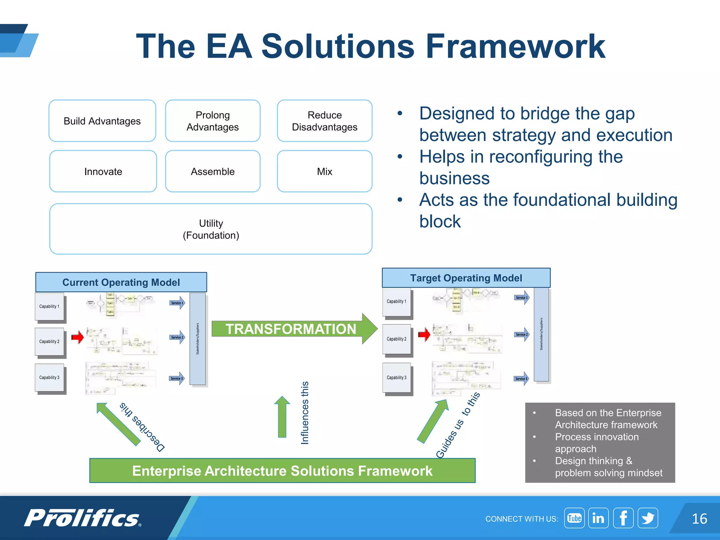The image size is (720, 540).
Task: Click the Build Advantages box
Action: pyautogui.click(x=102, y=121)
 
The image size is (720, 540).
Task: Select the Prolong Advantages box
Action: pyautogui.click(x=213, y=121)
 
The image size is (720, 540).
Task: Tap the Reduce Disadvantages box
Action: pyautogui.click(x=324, y=121)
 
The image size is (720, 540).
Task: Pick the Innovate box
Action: pyautogui.click(x=103, y=172)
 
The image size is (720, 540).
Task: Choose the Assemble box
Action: pyautogui.click(x=213, y=172)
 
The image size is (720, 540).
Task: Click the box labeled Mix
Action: pyautogui.click(x=324, y=172)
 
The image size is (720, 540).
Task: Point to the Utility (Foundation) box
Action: pyautogui.click(x=211, y=229)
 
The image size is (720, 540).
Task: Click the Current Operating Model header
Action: pyautogui.click(x=121, y=282)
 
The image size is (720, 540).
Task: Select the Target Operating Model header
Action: pyautogui.click(x=466, y=278)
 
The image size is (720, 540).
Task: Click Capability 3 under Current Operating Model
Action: pyautogui.click(x=49, y=378)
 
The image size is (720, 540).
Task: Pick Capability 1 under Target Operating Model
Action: pyautogui.click(x=397, y=302)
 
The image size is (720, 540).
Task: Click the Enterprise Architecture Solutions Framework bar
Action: pyautogui.click(x=282, y=471)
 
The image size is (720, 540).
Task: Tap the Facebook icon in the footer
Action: pyautogui.click(x=623, y=518)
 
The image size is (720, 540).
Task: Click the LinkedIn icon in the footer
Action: pyautogui.click(x=598, y=518)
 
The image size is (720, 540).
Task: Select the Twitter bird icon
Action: pyautogui.click(x=648, y=518)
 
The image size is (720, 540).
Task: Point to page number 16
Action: pyautogui.click(x=699, y=519)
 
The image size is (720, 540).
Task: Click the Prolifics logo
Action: pyautogui.click(x=83, y=518)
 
